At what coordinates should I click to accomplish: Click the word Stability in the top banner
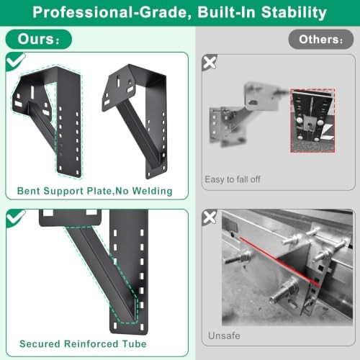[x=294, y=12]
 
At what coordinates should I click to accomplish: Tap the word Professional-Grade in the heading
[x=110, y=12]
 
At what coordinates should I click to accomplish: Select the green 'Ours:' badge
[x=39, y=39]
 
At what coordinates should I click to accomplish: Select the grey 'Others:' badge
[x=321, y=40]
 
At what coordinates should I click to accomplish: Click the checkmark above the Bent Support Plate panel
[x=15, y=61]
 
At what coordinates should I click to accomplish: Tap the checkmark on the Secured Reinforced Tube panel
[x=15, y=218]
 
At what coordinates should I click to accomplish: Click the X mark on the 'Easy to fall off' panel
[x=210, y=63]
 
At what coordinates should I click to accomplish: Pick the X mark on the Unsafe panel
[x=210, y=217]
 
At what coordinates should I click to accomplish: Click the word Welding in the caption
[x=153, y=192]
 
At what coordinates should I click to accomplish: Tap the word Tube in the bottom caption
[x=134, y=344]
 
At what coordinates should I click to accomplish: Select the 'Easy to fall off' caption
[x=233, y=179]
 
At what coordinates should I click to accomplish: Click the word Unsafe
[x=224, y=336]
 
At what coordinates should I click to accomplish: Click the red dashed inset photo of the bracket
[x=312, y=120]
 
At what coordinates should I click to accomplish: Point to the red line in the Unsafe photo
[x=279, y=261]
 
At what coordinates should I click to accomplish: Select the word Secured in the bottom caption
[x=40, y=344]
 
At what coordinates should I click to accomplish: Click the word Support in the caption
[x=63, y=192]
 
